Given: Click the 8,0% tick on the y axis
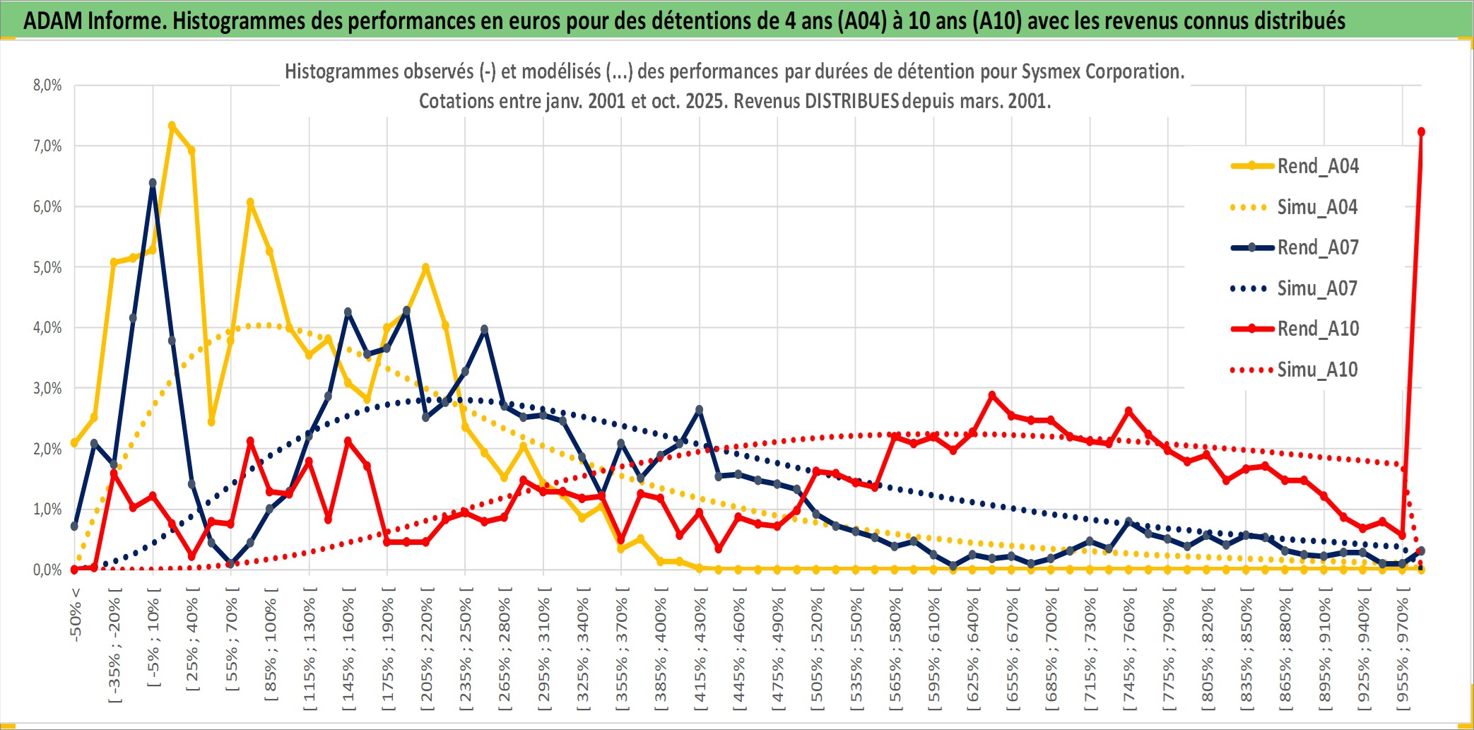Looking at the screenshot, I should [x=47, y=86].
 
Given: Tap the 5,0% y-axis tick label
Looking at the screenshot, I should [x=47, y=268].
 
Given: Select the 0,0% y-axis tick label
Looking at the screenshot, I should [x=47, y=570].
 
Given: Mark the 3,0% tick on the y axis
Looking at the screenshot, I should [x=47, y=389].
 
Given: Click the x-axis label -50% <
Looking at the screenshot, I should [x=76, y=614].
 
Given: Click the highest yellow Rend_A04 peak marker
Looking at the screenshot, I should [x=172, y=126].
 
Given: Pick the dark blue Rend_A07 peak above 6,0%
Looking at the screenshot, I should [x=153, y=182].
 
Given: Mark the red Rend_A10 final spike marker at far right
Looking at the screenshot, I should [x=1421, y=132].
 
